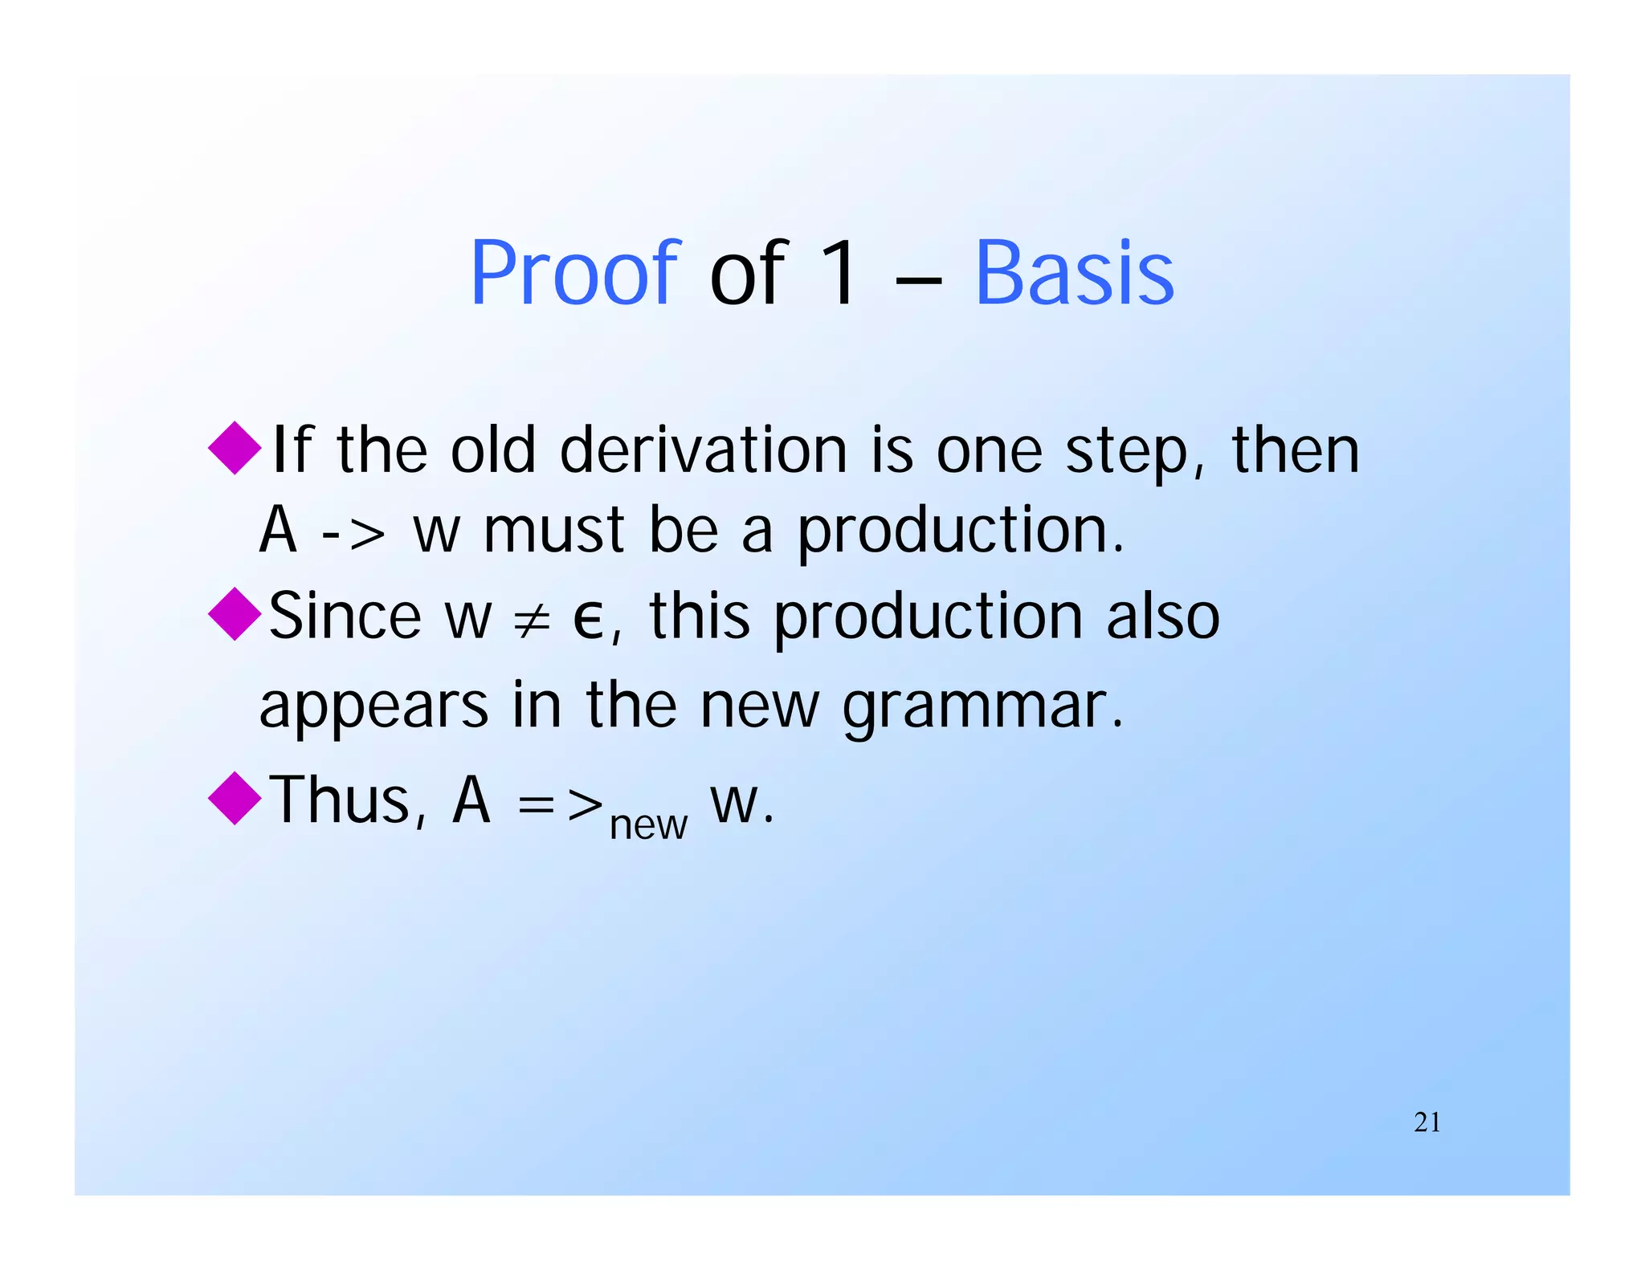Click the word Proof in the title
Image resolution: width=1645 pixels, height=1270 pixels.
[575, 274]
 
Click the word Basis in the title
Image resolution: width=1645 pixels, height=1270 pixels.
[1074, 274]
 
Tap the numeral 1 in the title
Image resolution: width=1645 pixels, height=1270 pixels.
[839, 274]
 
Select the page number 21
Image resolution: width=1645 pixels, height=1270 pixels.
[1427, 1122]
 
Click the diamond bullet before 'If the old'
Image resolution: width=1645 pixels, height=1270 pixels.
[235, 448]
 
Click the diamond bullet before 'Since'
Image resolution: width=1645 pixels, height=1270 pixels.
[235, 614]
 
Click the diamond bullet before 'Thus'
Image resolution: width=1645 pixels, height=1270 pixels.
[235, 798]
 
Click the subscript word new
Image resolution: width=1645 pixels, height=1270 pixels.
[648, 825]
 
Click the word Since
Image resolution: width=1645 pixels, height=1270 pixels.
[345, 616]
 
